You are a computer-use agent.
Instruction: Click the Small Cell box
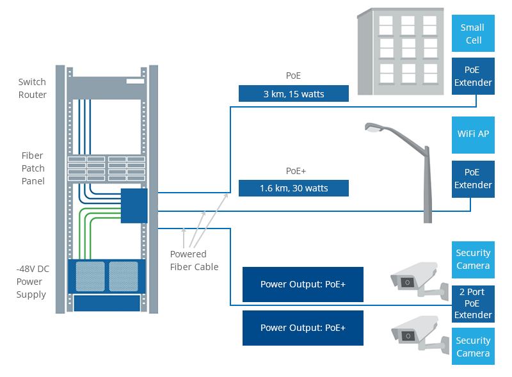pos(473,34)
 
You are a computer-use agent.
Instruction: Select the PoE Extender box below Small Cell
pos(473,76)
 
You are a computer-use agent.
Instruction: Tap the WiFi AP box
pos(473,134)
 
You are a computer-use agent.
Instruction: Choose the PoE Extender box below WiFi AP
pos(473,179)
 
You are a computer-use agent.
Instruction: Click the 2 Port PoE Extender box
pos(473,303)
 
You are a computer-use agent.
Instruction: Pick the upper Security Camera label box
pos(473,259)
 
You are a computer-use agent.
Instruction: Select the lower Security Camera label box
pos(473,347)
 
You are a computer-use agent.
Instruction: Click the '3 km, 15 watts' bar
pos(294,93)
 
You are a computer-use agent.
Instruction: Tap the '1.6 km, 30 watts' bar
pos(294,188)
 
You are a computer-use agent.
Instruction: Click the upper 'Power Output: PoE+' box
pos(303,284)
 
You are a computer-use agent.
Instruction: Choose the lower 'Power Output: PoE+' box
pos(303,328)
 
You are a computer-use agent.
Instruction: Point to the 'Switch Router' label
pos(33,88)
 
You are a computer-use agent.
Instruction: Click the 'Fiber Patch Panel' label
pos(33,168)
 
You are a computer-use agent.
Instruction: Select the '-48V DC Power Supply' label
pos(31,282)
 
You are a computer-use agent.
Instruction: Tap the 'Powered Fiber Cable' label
pos(194,261)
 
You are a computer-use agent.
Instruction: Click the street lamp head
pos(374,127)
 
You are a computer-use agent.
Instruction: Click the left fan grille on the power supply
pos(90,275)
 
